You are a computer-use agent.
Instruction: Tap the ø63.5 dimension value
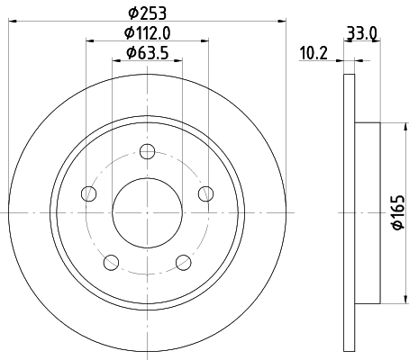coord(147,53)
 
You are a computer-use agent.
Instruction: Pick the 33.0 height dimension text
coord(361,34)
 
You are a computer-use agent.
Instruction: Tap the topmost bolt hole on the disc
coord(147,150)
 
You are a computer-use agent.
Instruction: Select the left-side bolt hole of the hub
coord(88,193)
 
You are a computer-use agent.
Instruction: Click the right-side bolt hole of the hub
coord(205,193)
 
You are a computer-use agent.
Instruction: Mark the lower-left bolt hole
coord(111,261)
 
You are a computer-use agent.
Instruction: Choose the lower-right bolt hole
coord(183,261)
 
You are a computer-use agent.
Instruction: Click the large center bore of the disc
coord(147,212)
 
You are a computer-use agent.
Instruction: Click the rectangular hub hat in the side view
coord(367,212)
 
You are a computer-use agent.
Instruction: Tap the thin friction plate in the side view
coord(350,212)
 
